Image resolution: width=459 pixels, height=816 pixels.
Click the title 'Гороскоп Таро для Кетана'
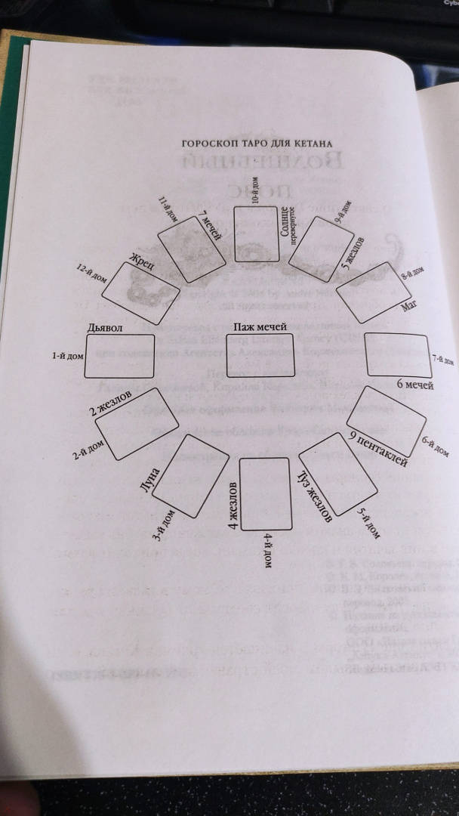coord(257,143)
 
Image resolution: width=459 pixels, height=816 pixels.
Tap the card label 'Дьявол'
coord(105,328)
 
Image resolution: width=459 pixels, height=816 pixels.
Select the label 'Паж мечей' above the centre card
coord(259,326)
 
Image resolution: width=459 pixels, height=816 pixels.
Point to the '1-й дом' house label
coord(67,354)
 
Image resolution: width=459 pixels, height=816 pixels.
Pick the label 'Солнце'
coord(285,221)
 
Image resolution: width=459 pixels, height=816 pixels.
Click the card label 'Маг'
coord(408,308)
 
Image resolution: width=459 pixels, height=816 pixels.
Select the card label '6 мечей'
coord(414,385)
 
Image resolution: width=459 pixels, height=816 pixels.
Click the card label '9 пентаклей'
coord(378,448)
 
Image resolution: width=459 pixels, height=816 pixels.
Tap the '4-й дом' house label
coord(268,553)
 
